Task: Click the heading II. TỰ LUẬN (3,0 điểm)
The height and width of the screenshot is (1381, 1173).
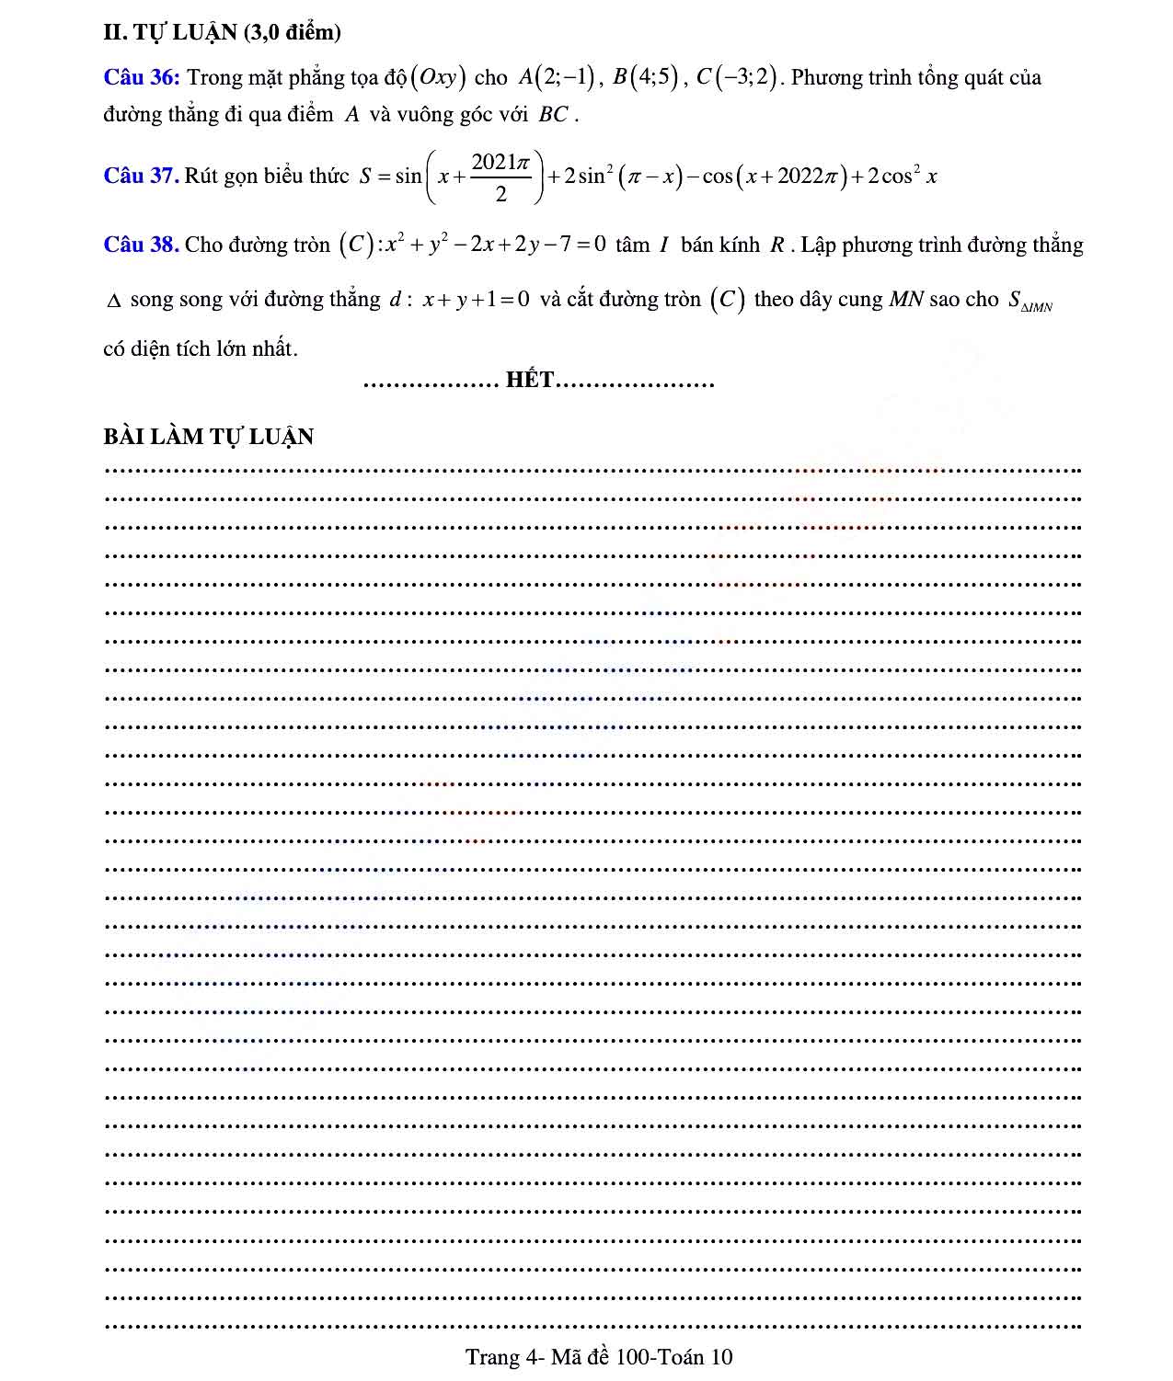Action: pos(222,32)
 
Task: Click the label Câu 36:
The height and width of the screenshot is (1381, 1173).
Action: pos(141,77)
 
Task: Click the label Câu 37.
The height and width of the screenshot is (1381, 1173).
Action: pos(140,176)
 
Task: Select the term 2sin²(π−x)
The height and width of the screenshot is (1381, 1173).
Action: pos(622,176)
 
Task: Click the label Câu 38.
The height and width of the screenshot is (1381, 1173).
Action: pos(141,245)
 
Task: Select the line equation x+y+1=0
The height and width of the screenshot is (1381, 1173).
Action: pos(476,299)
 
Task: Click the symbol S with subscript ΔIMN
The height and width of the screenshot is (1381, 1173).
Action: pos(1029,302)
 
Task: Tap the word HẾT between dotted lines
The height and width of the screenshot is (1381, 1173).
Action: pos(531,380)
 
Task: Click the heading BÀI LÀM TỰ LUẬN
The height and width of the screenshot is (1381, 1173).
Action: pos(209,436)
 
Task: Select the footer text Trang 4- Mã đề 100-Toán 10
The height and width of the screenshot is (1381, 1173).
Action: pos(599,1357)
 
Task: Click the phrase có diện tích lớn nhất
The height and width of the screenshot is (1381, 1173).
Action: pos(201,348)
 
